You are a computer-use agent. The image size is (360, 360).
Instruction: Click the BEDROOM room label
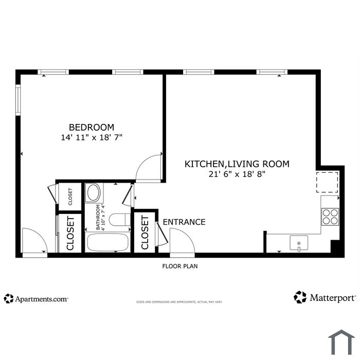[92, 127]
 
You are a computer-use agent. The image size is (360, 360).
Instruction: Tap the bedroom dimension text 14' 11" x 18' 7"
[92, 137]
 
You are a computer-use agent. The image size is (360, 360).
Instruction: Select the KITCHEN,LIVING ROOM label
[237, 164]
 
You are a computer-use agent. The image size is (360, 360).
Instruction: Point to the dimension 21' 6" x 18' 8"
[237, 174]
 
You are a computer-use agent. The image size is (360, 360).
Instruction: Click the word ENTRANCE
[184, 222]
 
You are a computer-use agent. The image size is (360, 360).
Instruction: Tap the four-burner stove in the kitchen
[330, 217]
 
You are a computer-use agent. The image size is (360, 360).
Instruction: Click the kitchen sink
[299, 243]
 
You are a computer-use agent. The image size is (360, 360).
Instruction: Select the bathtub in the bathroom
[107, 243]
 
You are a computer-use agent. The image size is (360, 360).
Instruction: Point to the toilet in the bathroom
[120, 220]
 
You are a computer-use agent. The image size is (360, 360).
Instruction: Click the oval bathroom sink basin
[94, 193]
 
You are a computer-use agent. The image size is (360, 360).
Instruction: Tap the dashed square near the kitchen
[327, 182]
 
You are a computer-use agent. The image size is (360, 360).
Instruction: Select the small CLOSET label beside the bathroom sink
[70, 197]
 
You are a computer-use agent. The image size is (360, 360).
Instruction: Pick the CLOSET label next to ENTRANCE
[145, 232]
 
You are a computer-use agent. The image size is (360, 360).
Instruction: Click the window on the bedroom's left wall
[18, 100]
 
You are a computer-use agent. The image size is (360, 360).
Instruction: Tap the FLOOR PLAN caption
[180, 266]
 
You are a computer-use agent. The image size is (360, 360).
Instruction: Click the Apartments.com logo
[36, 299]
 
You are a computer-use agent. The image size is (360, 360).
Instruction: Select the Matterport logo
[325, 298]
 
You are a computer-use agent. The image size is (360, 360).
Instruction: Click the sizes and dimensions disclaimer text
[179, 302]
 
